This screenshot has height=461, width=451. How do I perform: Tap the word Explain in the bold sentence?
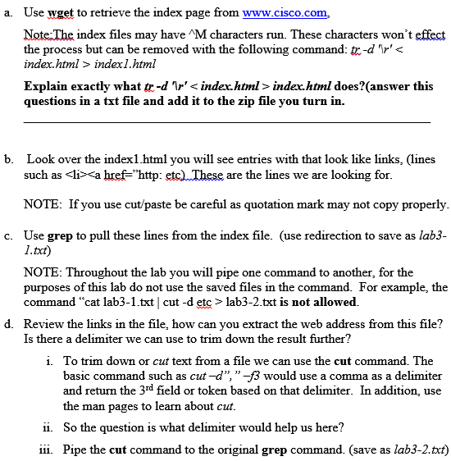(47, 86)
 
